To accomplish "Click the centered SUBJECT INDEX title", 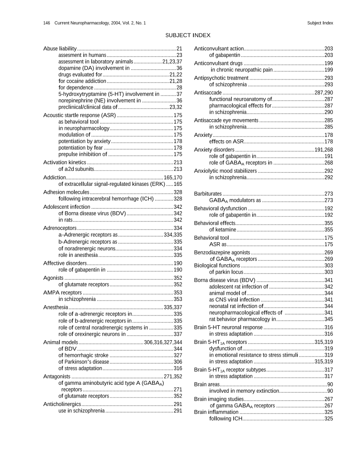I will (187, 35).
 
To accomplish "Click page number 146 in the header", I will (46, 23).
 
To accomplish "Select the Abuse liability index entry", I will (60, 48).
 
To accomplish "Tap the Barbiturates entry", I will (208, 193).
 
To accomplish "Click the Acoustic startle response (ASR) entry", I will (79, 115).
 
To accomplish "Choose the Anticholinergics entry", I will (62, 404).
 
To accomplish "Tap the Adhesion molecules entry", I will (66, 192).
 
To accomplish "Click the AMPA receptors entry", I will (63, 292).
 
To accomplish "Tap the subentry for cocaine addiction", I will (82, 81).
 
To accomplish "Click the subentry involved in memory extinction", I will (244, 391).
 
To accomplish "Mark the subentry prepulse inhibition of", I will (82, 154).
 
